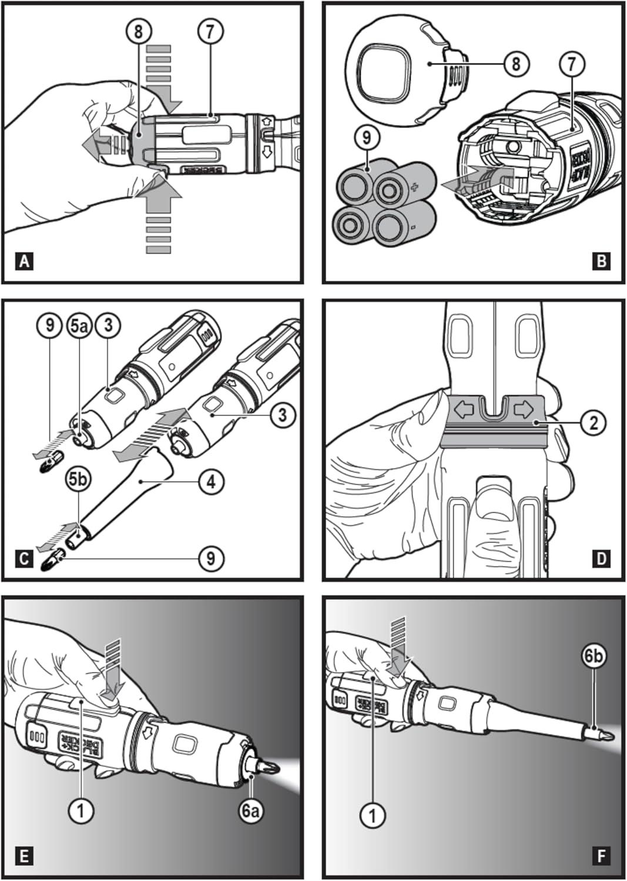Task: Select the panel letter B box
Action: point(601,260)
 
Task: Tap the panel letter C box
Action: point(24,557)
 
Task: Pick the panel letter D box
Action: point(601,557)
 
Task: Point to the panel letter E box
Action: point(24,856)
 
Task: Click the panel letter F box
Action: point(601,856)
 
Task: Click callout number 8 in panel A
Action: point(139,31)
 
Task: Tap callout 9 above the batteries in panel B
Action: point(367,139)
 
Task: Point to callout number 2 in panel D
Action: point(593,422)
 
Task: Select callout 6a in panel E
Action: point(251,811)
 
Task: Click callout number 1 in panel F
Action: point(373,815)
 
